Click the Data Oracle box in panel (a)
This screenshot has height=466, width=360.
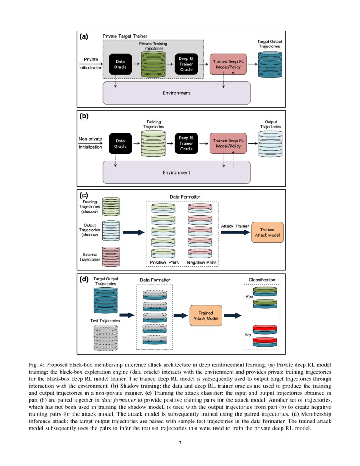pos(120,64)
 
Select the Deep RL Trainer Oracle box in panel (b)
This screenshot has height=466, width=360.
pos(186,143)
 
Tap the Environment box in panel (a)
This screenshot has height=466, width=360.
pos(177,93)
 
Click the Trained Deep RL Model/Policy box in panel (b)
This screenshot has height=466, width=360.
pos(228,143)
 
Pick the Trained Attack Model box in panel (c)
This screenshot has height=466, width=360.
pos(267,232)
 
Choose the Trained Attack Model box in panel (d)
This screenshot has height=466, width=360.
pos(205,315)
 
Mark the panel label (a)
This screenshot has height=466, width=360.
pos(84,36)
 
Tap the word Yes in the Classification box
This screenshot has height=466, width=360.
pos(249,297)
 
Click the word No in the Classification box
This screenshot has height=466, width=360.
pos(248,335)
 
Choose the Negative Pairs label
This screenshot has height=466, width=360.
pos(202,263)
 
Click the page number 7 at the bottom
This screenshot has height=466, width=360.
pos(180,443)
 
